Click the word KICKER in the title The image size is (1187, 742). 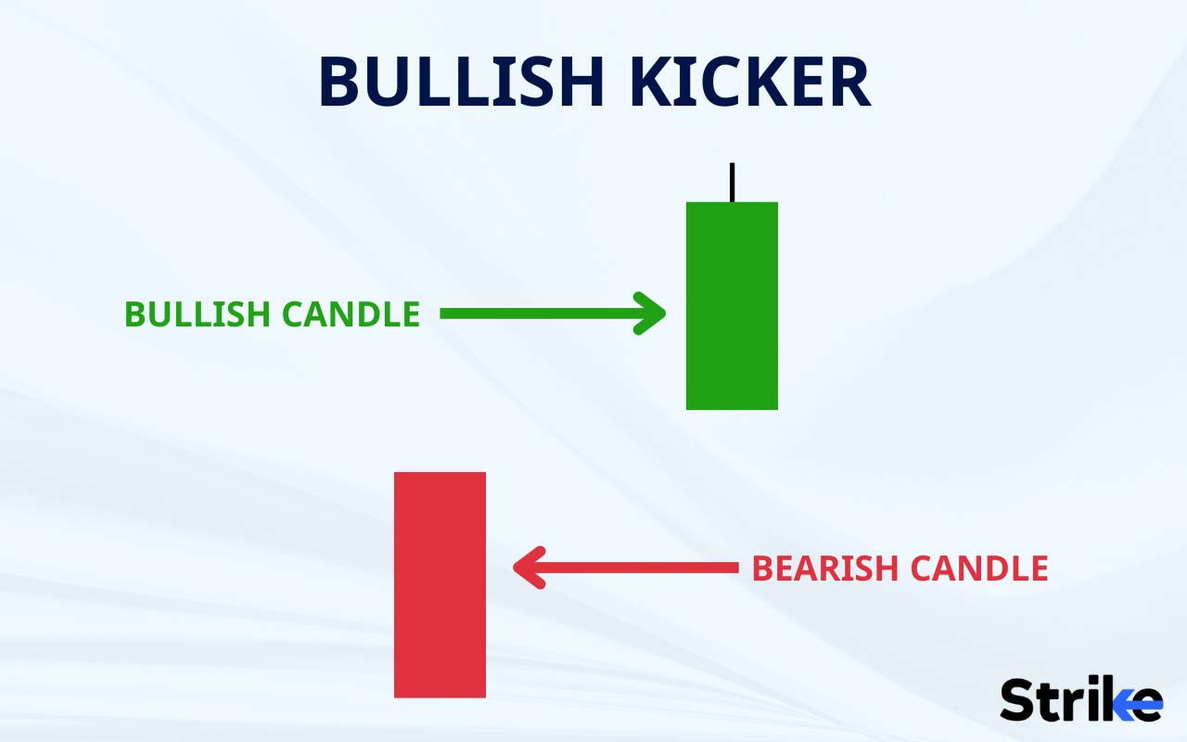[749, 82]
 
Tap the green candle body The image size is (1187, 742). [732, 306]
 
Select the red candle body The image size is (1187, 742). [440, 584]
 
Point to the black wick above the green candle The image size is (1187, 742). [732, 182]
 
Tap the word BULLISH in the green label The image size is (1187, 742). [196, 314]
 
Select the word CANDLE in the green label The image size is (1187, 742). [351, 314]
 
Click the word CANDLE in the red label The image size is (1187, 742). [978, 569]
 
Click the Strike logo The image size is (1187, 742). [1080, 700]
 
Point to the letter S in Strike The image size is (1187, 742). [1017, 700]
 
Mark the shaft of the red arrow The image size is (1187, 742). [640, 568]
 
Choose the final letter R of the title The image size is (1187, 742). [849, 82]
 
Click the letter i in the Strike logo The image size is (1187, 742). [1087, 700]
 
